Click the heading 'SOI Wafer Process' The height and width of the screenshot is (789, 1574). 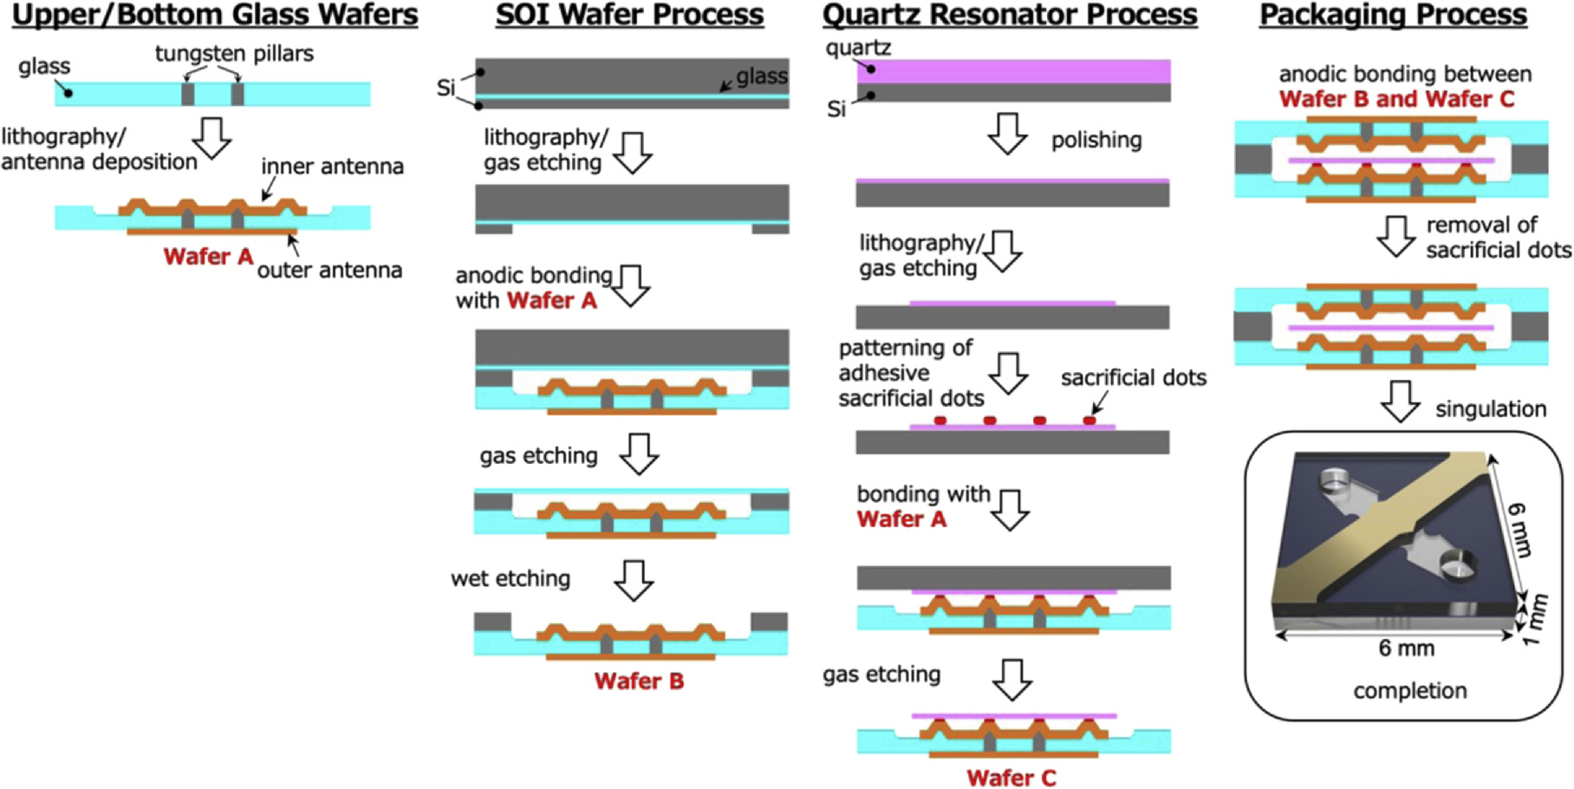click(629, 15)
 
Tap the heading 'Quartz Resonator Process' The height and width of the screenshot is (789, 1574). click(1010, 15)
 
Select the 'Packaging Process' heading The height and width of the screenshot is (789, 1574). click(1393, 15)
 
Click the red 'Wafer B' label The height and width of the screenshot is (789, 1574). click(639, 681)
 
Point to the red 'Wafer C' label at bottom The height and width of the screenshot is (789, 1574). click(1011, 778)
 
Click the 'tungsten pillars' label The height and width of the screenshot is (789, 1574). click(234, 54)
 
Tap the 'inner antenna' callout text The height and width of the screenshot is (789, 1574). click(332, 166)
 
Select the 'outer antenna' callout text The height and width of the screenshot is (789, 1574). click(329, 271)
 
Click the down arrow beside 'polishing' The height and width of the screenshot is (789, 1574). click(1008, 134)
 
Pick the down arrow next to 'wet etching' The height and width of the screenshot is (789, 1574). click(634, 580)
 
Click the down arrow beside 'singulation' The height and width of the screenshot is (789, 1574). click(1400, 402)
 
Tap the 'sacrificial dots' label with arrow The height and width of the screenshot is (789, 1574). click(1133, 378)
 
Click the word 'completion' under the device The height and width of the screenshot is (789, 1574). click(1410, 691)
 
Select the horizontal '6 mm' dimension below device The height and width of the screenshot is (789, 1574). click(1406, 649)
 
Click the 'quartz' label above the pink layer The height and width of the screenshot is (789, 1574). click(858, 48)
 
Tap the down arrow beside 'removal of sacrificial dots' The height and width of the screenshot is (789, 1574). click(1395, 237)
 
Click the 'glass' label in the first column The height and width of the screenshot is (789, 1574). click(44, 67)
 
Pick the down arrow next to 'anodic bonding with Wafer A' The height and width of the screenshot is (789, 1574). click(631, 285)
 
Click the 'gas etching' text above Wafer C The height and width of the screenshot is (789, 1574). click(881, 675)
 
